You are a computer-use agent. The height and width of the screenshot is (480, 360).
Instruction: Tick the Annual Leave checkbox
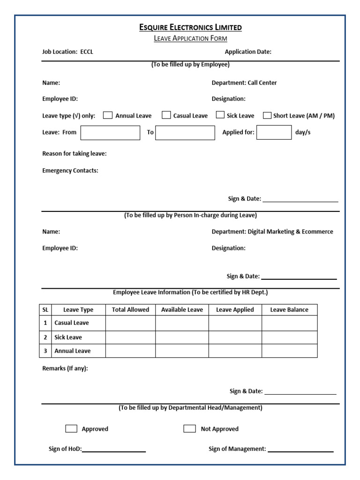(108, 115)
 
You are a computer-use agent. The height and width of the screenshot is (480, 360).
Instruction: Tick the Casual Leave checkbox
(166, 115)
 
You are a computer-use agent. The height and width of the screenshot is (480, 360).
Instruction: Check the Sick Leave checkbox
(220, 115)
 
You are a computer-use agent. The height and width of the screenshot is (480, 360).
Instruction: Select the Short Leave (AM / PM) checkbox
(267, 115)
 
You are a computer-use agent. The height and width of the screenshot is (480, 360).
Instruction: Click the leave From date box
(110, 133)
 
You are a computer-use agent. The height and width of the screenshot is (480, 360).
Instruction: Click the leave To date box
(185, 133)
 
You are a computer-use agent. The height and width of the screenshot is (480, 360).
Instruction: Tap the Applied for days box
(274, 133)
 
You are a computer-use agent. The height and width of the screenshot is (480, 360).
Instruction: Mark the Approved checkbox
(71, 428)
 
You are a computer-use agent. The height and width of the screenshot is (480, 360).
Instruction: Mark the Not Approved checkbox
(190, 428)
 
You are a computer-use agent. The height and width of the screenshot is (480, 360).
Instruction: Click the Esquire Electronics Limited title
(190, 27)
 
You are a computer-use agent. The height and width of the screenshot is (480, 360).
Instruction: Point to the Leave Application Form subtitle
(190, 38)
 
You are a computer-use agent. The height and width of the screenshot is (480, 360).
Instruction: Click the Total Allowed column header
(130, 310)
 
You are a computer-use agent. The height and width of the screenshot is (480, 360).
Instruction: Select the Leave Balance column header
(289, 310)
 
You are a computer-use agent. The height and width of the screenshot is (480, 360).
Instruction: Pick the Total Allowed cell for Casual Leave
(130, 323)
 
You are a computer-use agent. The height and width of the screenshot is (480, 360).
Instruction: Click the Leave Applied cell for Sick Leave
(235, 337)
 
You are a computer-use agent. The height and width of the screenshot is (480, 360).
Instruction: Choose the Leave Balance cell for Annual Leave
(289, 351)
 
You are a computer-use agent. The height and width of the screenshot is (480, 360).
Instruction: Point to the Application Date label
(248, 52)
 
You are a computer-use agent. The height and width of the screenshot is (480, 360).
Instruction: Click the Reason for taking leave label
(75, 154)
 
